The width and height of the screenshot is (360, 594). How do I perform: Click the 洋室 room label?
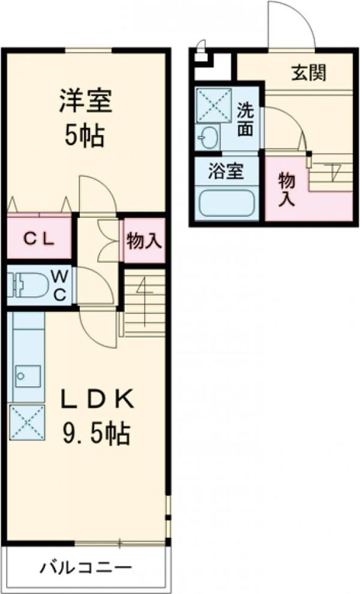[86, 102]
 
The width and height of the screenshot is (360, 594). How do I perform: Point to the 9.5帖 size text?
[95, 433]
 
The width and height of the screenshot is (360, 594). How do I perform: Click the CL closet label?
[38, 238]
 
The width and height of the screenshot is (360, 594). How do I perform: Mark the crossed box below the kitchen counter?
[27, 423]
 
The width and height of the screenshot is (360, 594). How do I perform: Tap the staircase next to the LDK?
[145, 303]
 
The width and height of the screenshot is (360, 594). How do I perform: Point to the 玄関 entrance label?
[309, 73]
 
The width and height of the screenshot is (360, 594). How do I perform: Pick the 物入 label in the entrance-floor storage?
[286, 189]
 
